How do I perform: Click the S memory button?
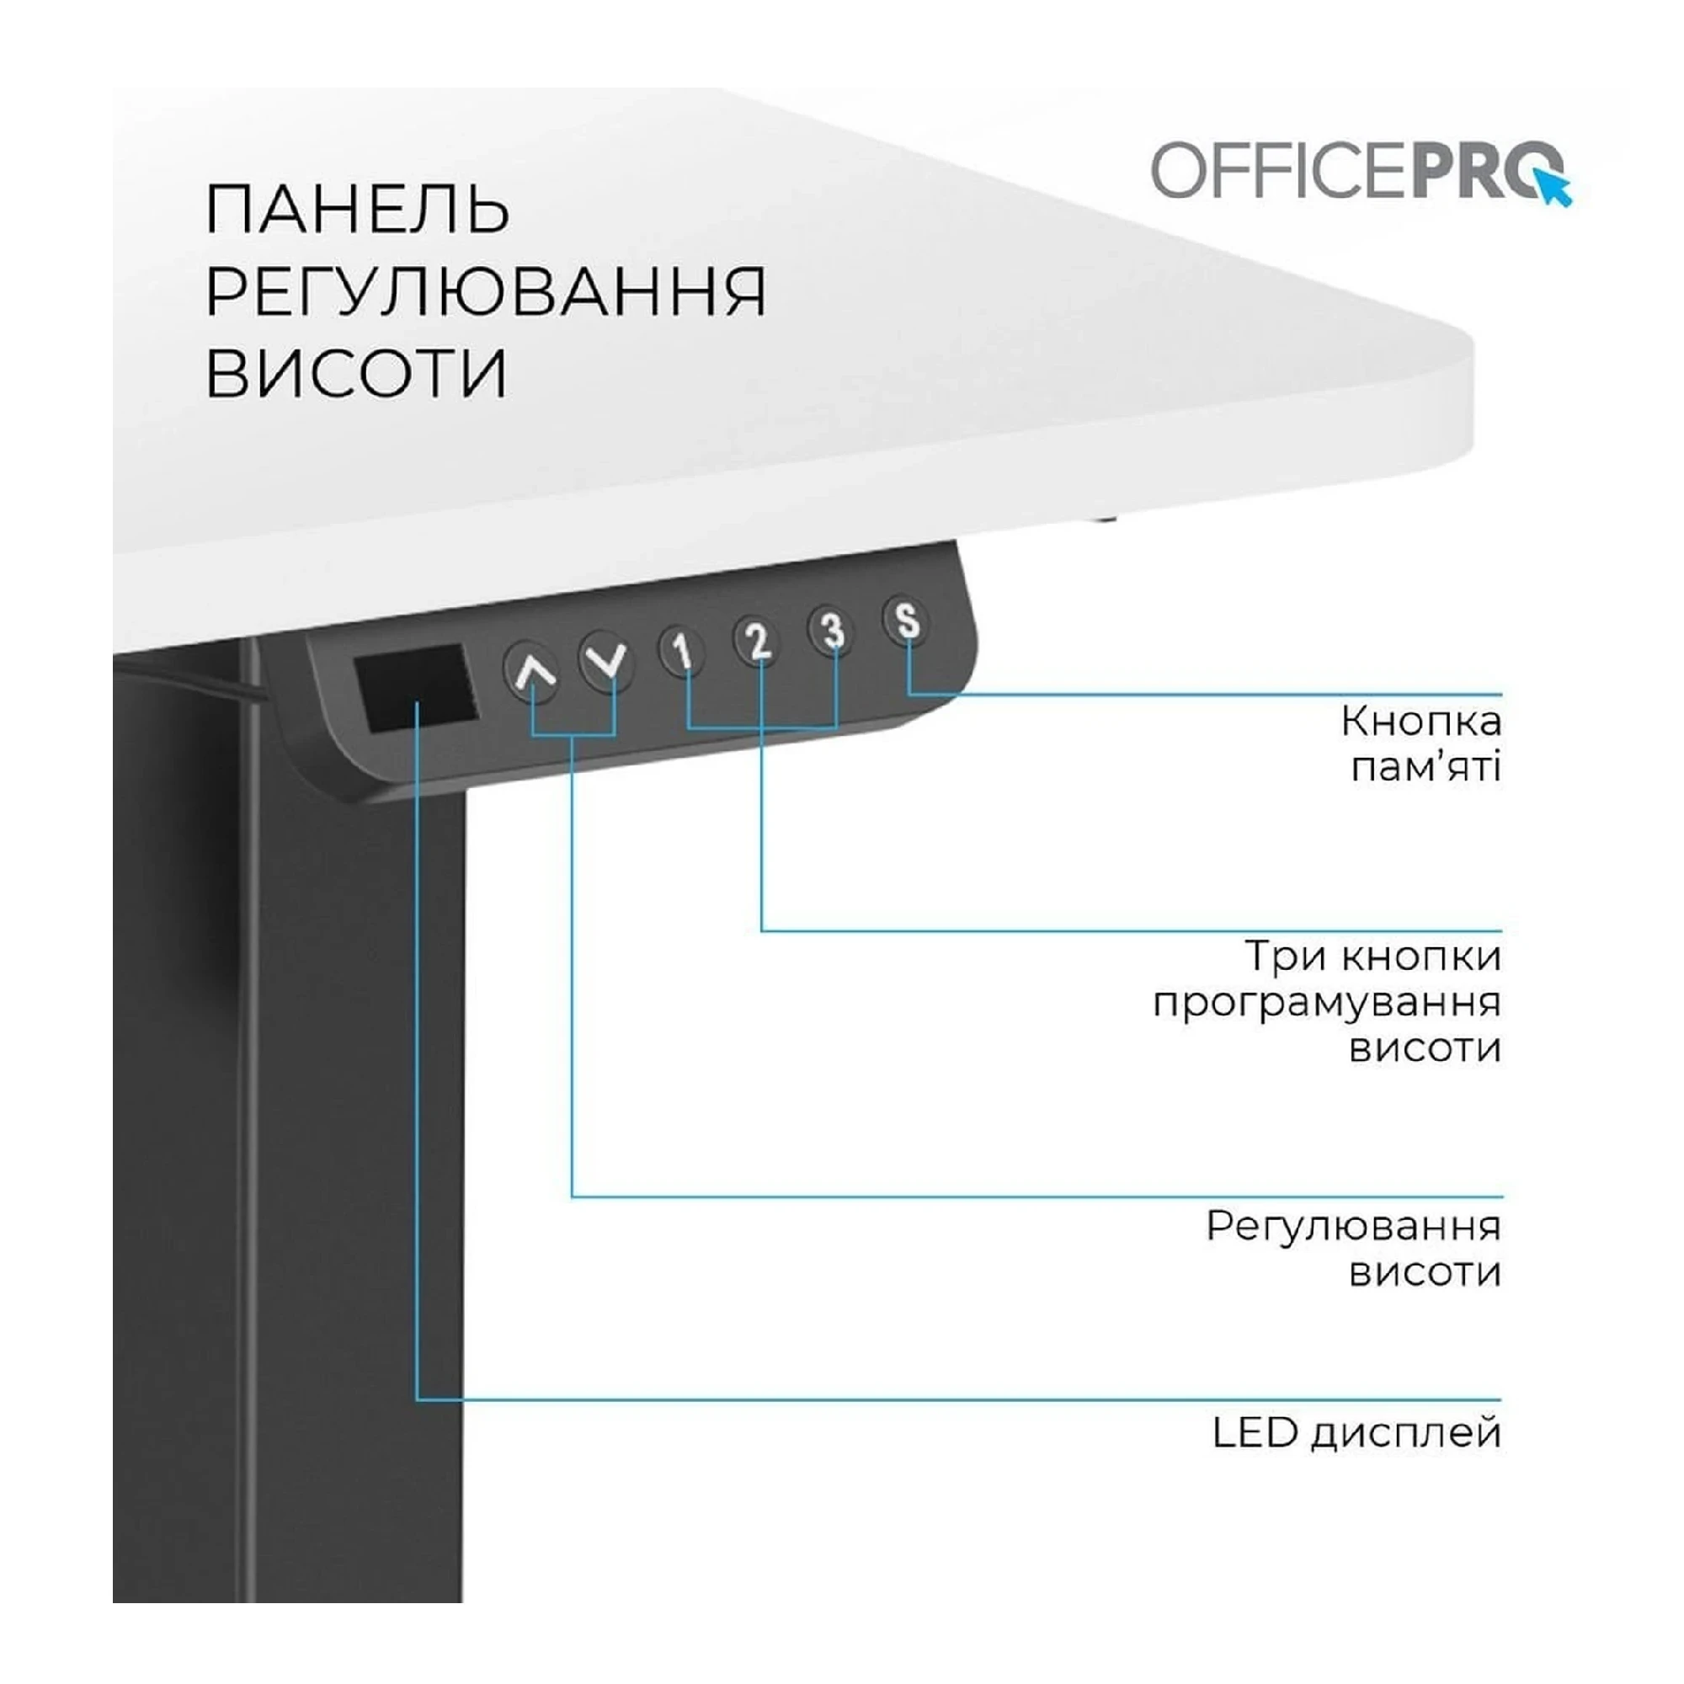907,620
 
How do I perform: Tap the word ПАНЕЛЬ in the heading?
356,210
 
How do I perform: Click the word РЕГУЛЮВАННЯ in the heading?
486,291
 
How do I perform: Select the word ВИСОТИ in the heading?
355,373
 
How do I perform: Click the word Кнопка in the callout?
1420,722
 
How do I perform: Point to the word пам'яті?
1426,768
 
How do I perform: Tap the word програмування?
1327,1002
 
